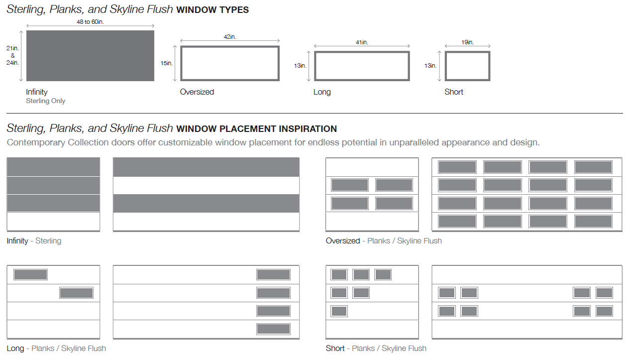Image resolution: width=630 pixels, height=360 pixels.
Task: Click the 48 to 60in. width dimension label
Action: tap(90, 22)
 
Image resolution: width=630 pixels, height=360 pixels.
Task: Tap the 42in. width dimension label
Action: tap(230, 36)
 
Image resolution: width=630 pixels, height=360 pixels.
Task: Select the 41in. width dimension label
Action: tap(362, 42)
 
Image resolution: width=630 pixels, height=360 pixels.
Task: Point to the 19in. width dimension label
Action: tap(467, 42)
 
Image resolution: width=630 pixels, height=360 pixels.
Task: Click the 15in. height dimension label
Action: tap(167, 63)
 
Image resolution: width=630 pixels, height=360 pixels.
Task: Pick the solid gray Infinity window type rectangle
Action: tap(90, 56)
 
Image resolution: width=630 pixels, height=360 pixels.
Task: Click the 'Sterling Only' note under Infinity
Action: tap(46, 101)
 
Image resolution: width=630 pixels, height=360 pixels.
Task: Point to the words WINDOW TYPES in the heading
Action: tap(212, 10)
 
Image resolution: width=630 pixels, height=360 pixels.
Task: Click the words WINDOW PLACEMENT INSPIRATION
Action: tap(256, 128)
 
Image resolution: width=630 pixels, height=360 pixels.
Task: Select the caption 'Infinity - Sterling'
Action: tap(34, 240)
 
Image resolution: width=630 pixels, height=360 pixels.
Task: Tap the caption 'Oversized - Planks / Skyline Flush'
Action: tap(384, 240)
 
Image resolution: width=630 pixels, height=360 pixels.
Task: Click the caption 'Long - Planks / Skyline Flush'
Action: tap(56, 348)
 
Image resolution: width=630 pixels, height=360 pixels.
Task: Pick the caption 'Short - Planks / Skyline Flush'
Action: tap(376, 348)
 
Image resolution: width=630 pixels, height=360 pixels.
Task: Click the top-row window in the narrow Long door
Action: tap(30, 274)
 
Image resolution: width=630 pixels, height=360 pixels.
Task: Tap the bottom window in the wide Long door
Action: tap(273, 329)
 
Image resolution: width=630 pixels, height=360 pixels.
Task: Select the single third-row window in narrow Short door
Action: tap(339, 311)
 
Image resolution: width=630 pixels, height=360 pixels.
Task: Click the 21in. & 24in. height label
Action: tap(12, 55)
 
